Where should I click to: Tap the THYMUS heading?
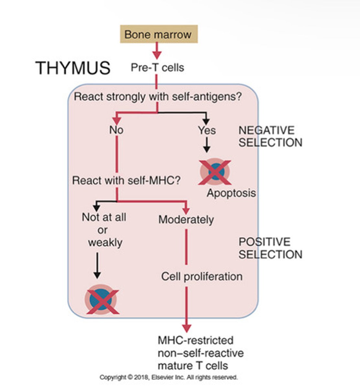click(73, 68)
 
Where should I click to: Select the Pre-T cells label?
click(157, 68)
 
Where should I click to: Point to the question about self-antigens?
click(158, 96)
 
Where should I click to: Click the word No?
click(116, 130)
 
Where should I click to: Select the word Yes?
click(207, 130)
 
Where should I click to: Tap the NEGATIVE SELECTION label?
click(270, 136)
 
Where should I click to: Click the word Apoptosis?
click(231, 193)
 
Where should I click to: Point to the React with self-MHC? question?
click(126, 180)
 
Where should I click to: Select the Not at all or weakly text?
click(104, 230)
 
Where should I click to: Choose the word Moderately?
click(186, 220)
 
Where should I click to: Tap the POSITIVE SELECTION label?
click(270, 248)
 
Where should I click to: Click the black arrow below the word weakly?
click(97, 265)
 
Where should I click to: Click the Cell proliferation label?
click(202, 276)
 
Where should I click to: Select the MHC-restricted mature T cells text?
click(201, 353)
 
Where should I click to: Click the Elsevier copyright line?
click(169, 377)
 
